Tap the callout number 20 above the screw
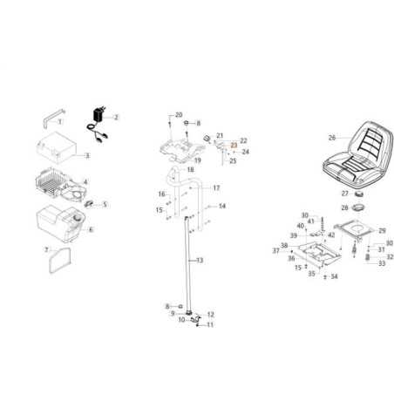(x=179, y=115)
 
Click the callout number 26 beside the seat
(x=307, y=137)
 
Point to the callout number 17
(x=216, y=188)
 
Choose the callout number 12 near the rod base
(x=210, y=314)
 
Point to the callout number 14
(x=222, y=206)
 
